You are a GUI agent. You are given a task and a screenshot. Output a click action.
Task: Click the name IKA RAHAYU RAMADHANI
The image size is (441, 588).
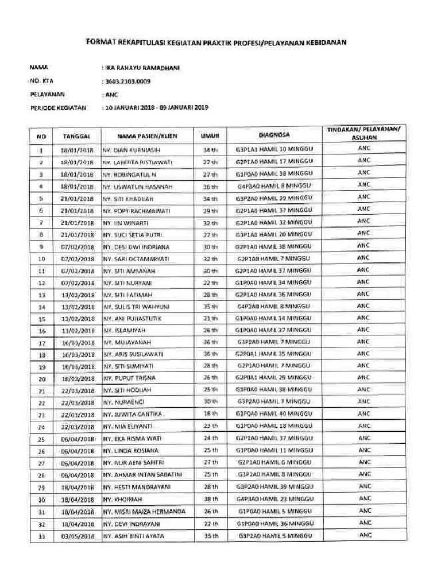point(140,68)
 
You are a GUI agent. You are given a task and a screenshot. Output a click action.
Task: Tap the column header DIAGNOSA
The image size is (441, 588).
point(274,135)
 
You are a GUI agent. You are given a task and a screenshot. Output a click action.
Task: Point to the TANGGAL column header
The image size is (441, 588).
point(77,137)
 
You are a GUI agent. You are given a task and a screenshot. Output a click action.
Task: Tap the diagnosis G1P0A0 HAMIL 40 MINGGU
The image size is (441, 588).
point(274,413)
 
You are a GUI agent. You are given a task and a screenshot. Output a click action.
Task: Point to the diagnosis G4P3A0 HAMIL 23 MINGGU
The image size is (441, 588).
point(274,498)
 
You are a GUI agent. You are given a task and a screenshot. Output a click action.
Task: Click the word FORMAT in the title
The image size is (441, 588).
point(101,42)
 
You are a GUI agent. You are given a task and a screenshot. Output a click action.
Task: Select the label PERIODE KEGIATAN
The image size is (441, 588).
point(57,107)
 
